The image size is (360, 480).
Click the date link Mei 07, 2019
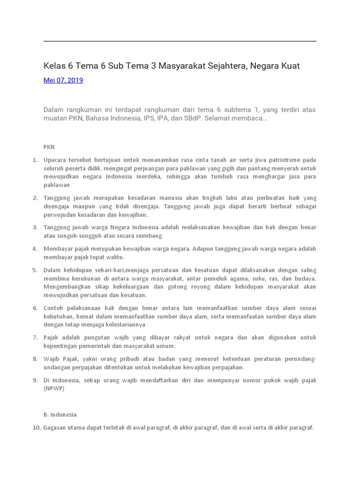coord(63,80)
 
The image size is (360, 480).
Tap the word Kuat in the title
coord(290,66)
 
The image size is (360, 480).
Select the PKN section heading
coord(49,147)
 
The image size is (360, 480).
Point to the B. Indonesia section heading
coord(60,414)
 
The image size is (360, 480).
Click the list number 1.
coord(35,160)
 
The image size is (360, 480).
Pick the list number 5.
coord(35,270)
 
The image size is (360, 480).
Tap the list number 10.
coord(37,427)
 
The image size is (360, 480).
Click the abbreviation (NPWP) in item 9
coord(54,388)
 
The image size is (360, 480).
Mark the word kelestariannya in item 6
coord(120,324)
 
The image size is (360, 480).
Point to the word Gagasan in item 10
coord(56,427)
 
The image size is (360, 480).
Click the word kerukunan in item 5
coord(77,278)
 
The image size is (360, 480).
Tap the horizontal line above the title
coord(180,41)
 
